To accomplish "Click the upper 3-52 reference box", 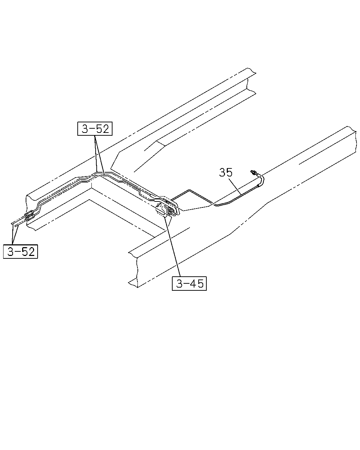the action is [95, 129].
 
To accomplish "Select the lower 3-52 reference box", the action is [20, 252].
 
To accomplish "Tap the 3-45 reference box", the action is [189, 284].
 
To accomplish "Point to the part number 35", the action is [226, 173].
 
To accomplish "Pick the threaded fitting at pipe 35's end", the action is [254, 173].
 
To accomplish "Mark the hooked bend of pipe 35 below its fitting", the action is [262, 180].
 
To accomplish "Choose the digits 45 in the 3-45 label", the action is [197, 284].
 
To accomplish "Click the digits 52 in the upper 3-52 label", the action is [103, 129].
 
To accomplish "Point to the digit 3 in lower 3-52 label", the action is [11, 252].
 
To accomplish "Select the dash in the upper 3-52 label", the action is [92, 129].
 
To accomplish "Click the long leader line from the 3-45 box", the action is [173, 247].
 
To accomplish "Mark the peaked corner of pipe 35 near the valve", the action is [189, 190].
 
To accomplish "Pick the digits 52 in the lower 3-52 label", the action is [28, 252].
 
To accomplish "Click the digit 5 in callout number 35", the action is [229, 173].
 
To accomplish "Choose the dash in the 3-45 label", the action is [187, 284].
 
